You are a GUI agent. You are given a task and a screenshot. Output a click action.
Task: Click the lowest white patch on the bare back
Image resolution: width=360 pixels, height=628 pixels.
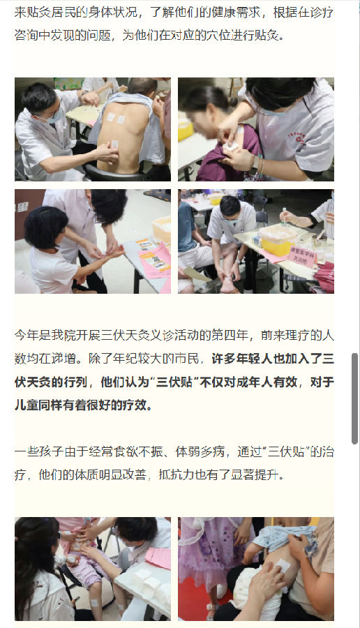tap(115, 144)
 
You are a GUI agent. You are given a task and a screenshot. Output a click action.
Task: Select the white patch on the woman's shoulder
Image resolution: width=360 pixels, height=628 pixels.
tap(230, 146)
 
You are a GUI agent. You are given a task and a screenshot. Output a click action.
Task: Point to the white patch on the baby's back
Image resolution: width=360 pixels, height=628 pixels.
tap(282, 566)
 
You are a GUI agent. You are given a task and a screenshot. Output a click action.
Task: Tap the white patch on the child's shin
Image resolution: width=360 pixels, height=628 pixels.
tap(94, 602)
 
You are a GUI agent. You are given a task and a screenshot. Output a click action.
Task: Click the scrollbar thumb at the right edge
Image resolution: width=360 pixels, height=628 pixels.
tap(354, 398)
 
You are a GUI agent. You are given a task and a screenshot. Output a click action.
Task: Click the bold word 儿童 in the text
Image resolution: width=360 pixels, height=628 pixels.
tap(27, 405)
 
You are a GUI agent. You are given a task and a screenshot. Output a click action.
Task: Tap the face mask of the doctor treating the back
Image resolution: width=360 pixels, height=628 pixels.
tap(53, 116)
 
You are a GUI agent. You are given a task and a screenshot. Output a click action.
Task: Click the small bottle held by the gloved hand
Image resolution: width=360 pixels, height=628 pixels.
tap(284, 214)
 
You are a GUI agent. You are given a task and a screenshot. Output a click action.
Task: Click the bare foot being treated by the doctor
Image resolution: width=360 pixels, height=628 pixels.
tap(226, 284)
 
